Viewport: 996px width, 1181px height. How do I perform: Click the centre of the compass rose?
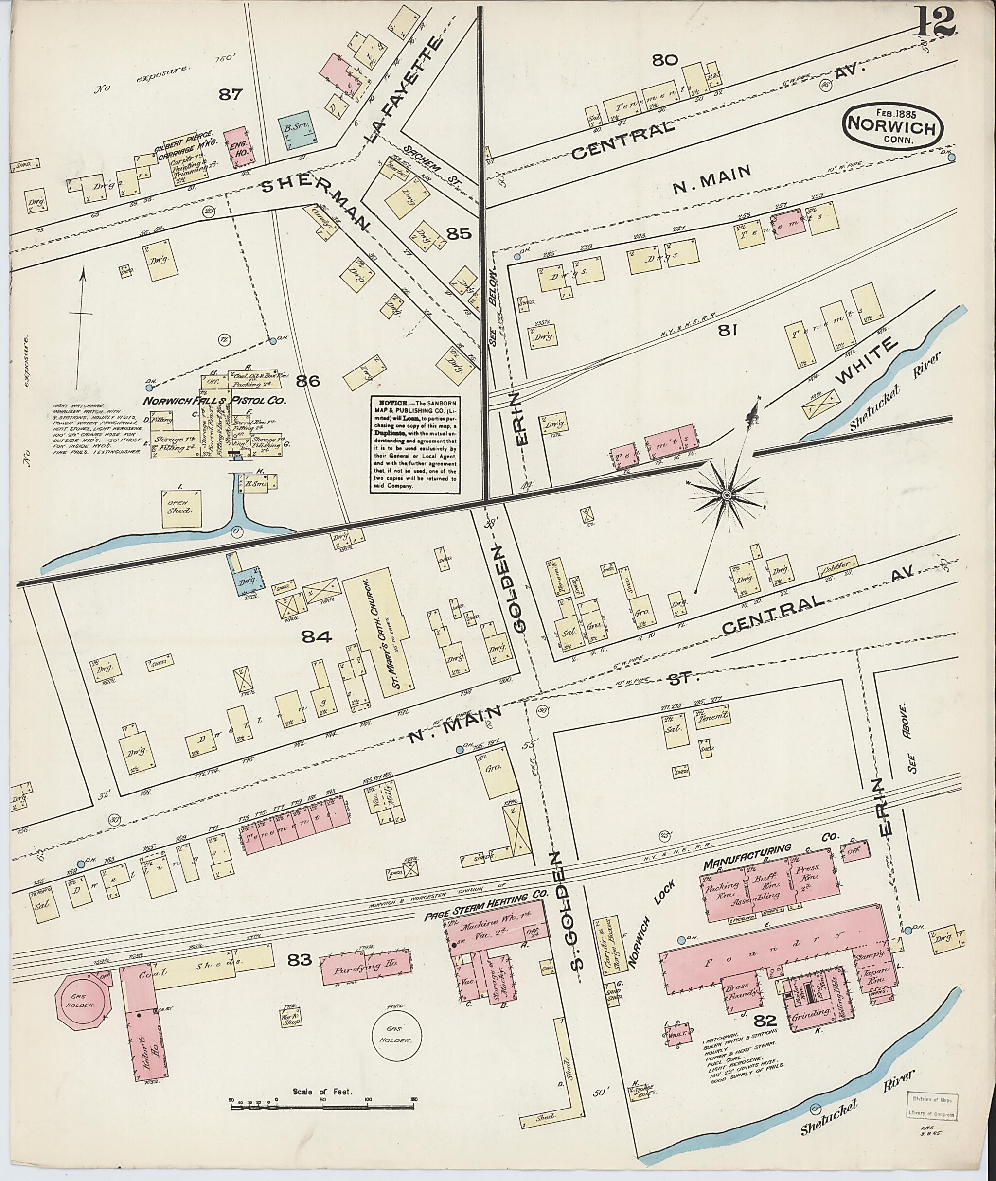727,495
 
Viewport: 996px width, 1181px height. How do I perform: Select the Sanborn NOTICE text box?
414,444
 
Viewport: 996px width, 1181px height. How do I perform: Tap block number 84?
317,637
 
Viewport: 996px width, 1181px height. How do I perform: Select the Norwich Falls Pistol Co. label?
215,401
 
